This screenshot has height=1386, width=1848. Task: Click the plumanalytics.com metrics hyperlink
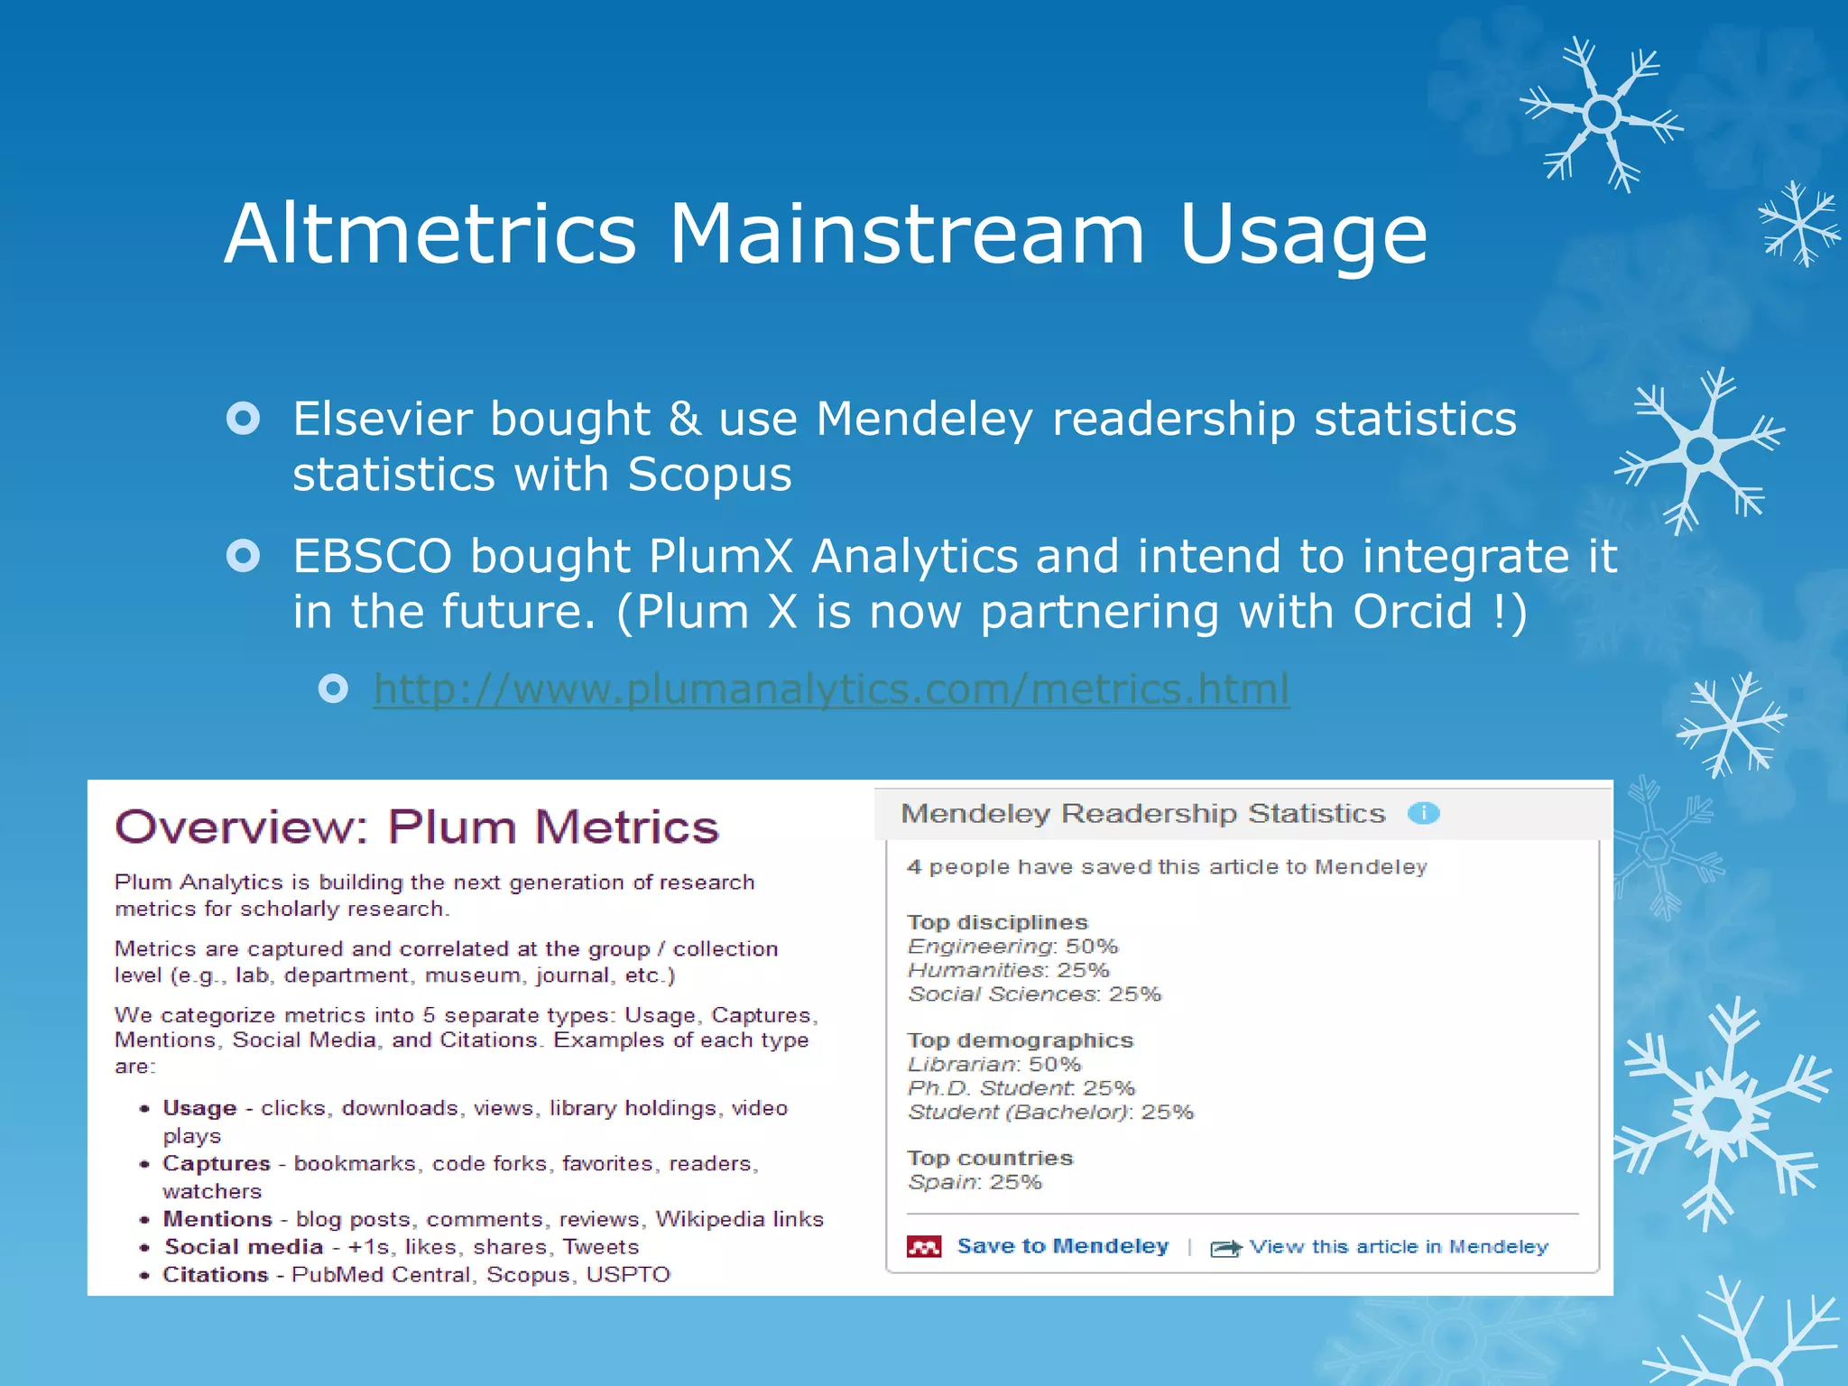tap(830, 689)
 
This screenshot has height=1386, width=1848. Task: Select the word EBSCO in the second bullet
tap(372, 557)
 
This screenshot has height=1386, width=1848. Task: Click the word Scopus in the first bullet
tap(709, 476)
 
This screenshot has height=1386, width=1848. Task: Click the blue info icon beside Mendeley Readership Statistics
tap(1423, 814)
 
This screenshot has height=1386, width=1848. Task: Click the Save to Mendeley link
tap(1062, 1246)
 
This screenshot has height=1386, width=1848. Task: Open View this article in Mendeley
tap(1398, 1247)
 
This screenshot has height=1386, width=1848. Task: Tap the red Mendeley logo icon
tap(924, 1247)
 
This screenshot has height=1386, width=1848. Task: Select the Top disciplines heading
tap(997, 922)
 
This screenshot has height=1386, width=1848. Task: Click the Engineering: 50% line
tap(1012, 947)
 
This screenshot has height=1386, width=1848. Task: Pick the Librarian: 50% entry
tap(993, 1065)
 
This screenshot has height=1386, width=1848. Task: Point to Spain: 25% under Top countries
tap(975, 1182)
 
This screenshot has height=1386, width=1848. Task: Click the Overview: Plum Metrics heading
tap(417, 827)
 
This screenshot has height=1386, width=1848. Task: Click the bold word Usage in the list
tap(199, 1108)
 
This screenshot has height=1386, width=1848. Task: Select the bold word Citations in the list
tap(215, 1275)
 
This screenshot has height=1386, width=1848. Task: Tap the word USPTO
tap(628, 1275)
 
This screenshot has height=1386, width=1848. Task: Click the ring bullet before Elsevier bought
tap(244, 419)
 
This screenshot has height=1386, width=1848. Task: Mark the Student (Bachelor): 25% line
tap(1050, 1112)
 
